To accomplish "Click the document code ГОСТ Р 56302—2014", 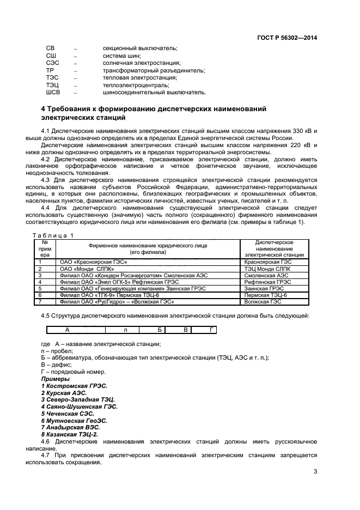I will click(286, 38).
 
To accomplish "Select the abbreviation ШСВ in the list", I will click(53, 92).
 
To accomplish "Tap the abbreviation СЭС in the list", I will click(52, 63).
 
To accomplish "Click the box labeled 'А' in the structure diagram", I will click(68, 330).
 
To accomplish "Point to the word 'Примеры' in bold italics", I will click(56, 379).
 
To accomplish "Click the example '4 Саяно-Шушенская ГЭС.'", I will click(79, 406).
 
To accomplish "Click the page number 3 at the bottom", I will click(315, 472).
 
